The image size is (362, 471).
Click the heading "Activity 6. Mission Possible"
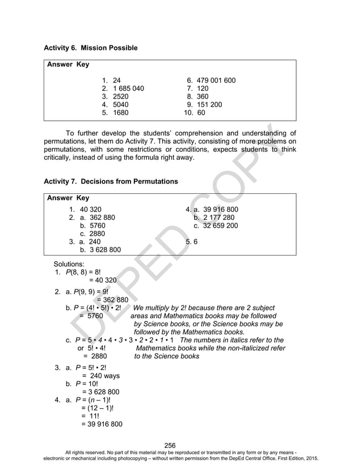point(90,48)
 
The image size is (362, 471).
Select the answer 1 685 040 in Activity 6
point(128,88)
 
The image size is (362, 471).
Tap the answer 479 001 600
point(216,80)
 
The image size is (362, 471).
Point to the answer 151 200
point(209,104)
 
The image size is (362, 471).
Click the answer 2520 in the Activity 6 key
point(121,96)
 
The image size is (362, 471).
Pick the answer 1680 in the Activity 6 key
point(121,112)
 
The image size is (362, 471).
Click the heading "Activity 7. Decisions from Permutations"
point(111,181)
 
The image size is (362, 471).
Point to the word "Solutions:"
point(69,264)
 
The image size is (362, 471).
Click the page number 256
point(170,445)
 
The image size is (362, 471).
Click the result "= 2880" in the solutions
point(95,357)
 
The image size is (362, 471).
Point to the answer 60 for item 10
point(201,112)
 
